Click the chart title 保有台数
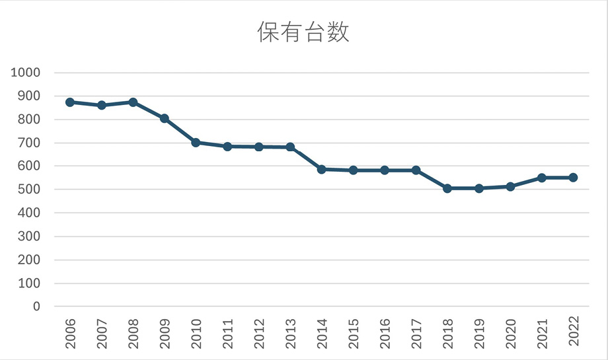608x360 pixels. (303, 32)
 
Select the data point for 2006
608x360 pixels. (70, 102)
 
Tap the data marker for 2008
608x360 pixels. (133, 102)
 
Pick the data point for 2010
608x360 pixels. (196, 143)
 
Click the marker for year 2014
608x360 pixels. (321, 170)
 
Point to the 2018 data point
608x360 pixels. (447, 188)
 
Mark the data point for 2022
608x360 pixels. (573, 178)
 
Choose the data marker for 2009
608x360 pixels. (165, 119)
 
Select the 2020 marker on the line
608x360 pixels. (510, 187)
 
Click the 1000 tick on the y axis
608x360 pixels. (26, 73)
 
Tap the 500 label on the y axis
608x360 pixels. (30, 190)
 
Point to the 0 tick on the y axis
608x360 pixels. (36, 306)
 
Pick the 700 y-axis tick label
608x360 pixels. (30, 143)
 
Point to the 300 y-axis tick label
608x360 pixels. (30, 236)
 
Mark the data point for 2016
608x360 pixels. (385, 170)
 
